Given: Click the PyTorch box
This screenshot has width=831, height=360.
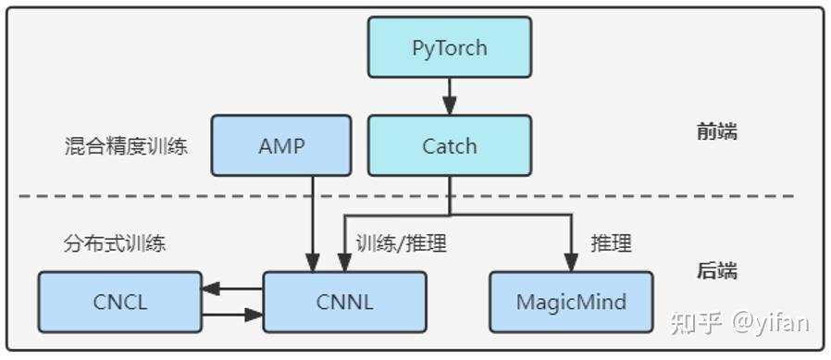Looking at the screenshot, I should pyautogui.click(x=450, y=47).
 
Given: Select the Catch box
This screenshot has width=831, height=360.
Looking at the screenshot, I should pyautogui.click(x=450, y=145).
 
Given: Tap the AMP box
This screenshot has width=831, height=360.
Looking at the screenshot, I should pyautogui.click(x=281, y=145).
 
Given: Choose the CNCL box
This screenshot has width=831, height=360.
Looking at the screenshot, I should pyautogui.click(x=119, y=302).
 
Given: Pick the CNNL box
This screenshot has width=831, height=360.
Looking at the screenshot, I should pyautogui.click(x=344, y=302).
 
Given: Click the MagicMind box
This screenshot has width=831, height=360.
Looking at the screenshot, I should pyautogui.click(x=570, y=302).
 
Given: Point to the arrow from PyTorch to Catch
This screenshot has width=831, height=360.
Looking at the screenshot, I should pyautogui.click(x=450, y=96).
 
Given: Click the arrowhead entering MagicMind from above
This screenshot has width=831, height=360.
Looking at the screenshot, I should pyautogui.click(x=570, y=262).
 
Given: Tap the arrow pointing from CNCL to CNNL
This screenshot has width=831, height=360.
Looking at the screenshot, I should pyautogui.click(x=233, y=315).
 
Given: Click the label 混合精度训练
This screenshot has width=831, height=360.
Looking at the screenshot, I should pyautogui.click(x=126, y=146).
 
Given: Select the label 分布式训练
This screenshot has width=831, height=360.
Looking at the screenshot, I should pyautogui.click(x=115, y=244).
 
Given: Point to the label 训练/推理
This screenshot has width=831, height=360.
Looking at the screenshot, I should pyautogui.click(x=402, y=244).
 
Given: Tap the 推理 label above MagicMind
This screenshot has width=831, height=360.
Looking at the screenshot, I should pyautogui.click(x=611, y=244).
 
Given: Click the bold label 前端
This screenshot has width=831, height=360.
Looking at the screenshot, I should pyautogui.click(x=716, y=131).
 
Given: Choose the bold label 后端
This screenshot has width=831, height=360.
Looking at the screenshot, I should pyautogui.click(x=716, y=271).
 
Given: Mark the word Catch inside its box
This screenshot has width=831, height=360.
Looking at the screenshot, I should pyautogui.click(x=450, y=146).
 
